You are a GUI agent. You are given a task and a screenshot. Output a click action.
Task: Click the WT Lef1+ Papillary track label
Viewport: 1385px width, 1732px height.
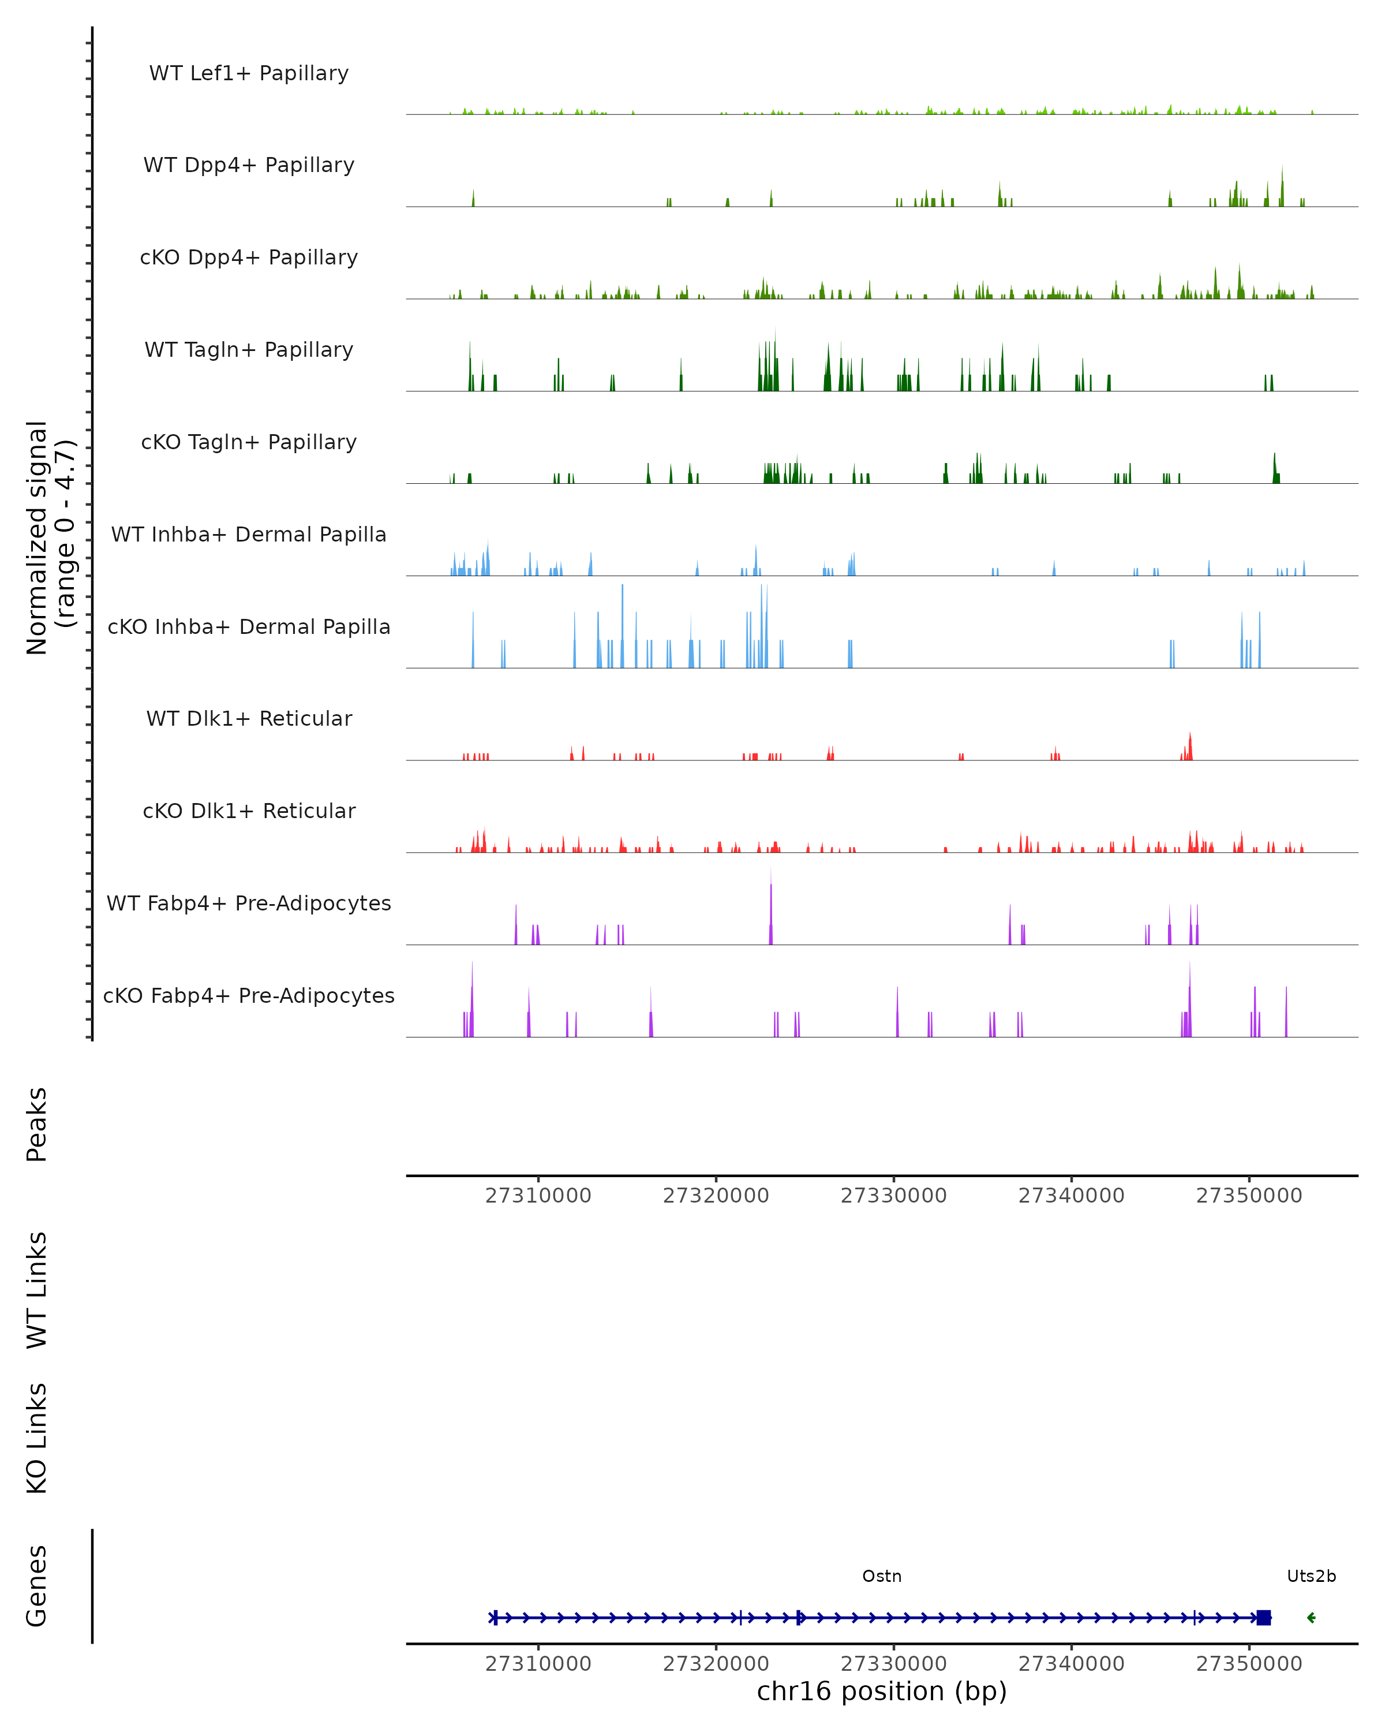(249, 73)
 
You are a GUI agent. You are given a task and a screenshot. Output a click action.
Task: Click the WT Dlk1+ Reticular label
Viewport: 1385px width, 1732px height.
(249, 718)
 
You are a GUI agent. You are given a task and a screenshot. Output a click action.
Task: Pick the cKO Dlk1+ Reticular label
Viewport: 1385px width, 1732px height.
(249, 811)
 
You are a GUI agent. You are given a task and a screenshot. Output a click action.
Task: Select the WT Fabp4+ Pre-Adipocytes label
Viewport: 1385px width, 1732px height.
(249, 903)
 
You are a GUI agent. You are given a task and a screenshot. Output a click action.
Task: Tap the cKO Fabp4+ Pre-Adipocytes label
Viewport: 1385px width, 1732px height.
(249, 995)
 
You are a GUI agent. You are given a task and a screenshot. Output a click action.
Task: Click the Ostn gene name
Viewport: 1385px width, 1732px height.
(882, 1576)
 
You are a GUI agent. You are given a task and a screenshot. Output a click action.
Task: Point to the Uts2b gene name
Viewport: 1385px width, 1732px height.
(1311, 1576)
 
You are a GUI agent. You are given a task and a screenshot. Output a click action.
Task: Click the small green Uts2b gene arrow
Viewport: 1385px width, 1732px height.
(1311, 1617)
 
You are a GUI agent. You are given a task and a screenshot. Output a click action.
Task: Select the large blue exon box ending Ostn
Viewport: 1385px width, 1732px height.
(1264, 1617)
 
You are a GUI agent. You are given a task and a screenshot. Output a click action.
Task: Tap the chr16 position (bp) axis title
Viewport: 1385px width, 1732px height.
(882, 1691)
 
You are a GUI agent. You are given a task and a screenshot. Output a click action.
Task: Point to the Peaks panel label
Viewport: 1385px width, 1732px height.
(37, 1124)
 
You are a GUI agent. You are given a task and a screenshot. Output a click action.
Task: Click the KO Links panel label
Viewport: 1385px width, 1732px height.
(37, 1438)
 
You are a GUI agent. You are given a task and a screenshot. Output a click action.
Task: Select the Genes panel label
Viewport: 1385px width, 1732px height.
(37, 1586)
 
